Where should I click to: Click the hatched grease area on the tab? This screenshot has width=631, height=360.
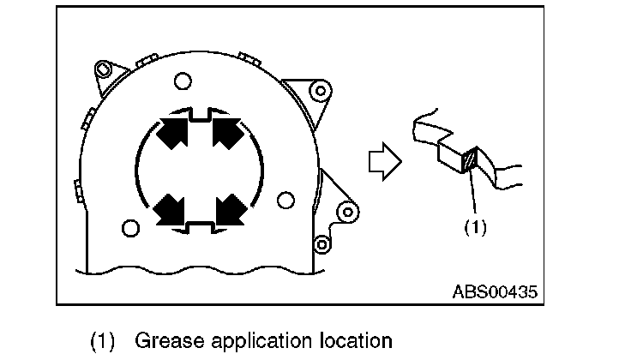click(469, 160)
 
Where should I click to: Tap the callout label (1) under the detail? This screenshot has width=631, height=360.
click(476, 229)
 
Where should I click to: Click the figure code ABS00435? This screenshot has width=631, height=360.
click(495, 291)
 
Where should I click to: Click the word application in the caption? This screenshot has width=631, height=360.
click(244, 340)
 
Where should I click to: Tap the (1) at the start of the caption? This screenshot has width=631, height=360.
click(104, 340)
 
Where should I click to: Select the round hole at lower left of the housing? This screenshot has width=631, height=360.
click(130, 229)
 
